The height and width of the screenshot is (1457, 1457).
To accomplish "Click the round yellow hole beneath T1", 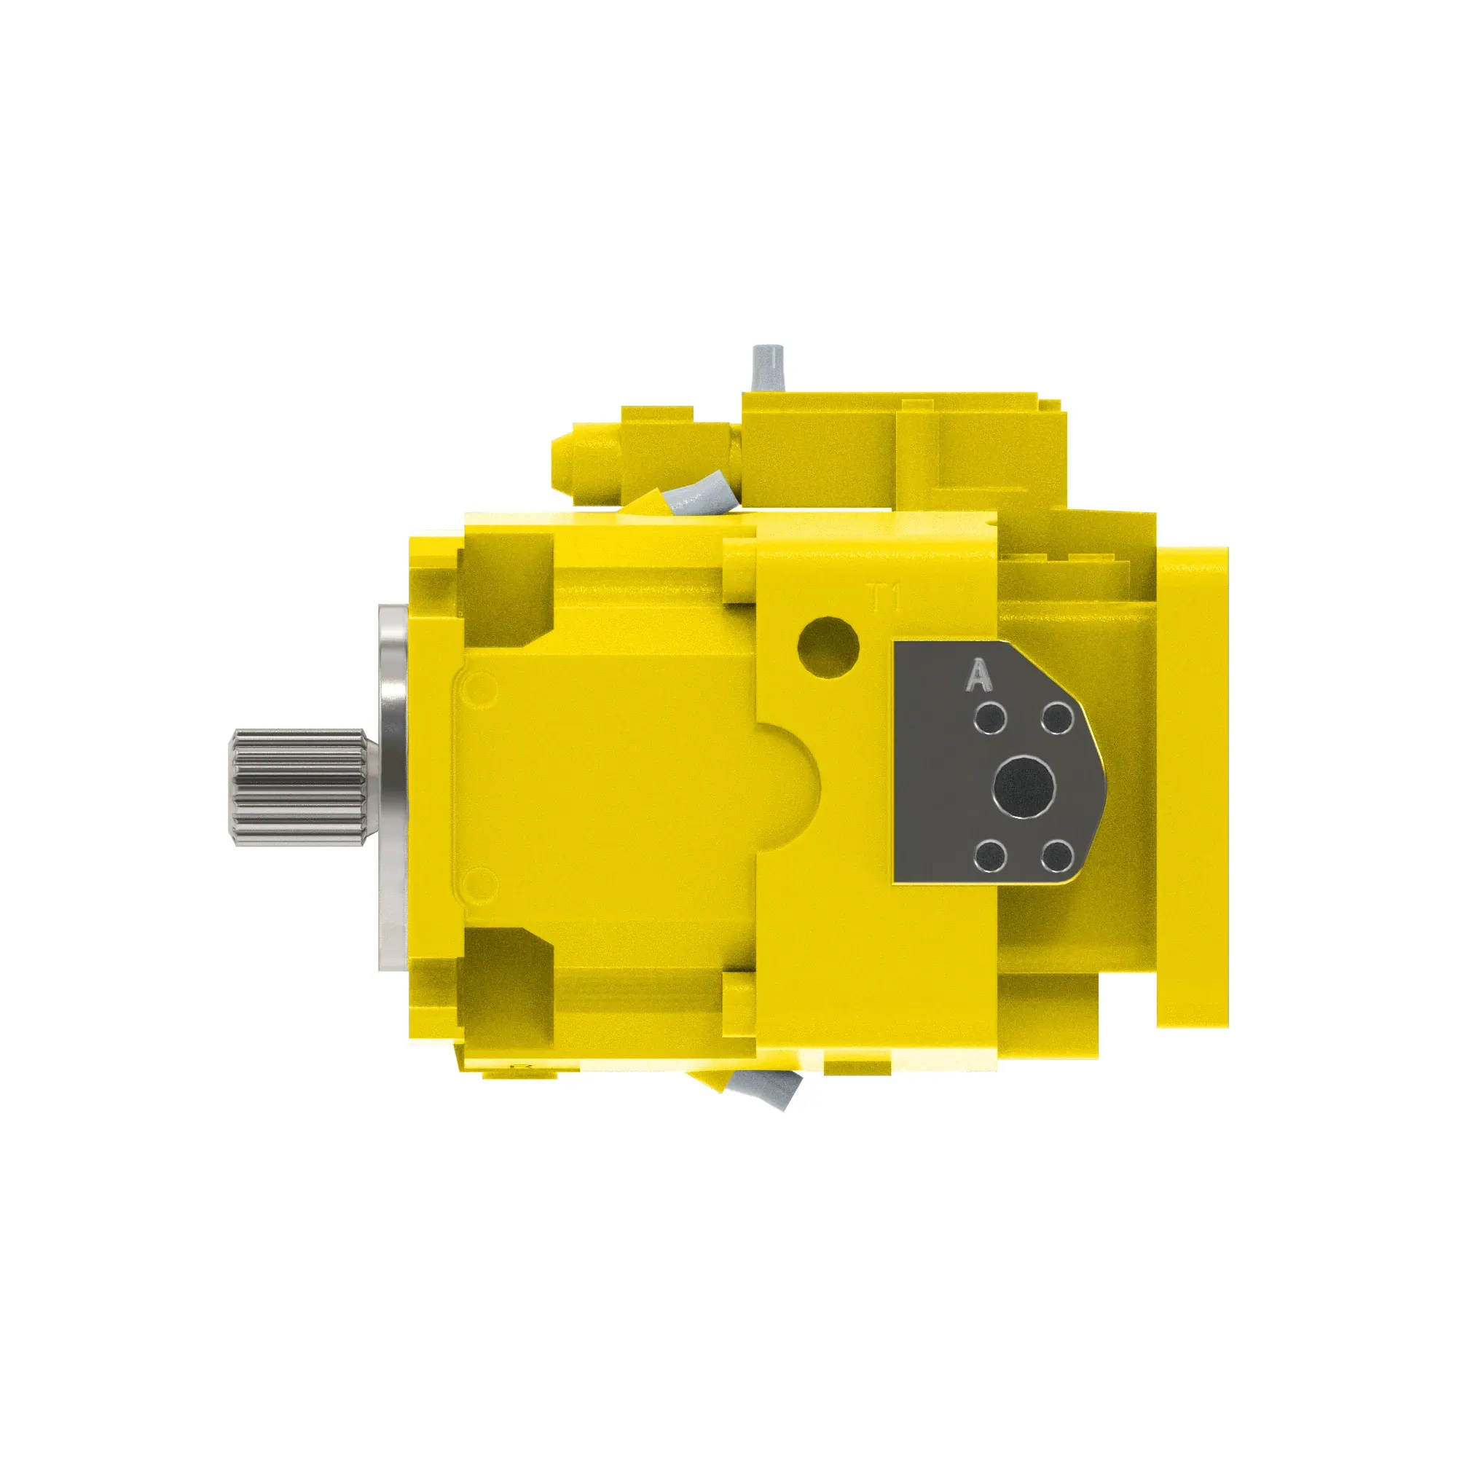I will pos(828,646).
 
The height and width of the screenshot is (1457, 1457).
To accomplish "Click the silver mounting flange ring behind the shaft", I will pos(392,787).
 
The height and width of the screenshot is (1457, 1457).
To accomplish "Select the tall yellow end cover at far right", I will pos(1193,787).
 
